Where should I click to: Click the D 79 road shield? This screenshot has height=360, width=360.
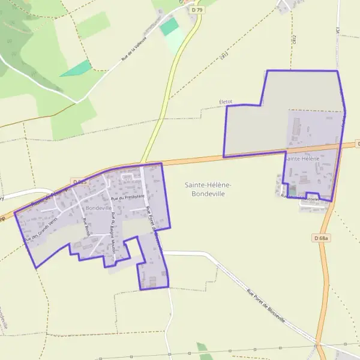tap(195, 10)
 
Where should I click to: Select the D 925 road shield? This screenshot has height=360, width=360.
tap(80, 181)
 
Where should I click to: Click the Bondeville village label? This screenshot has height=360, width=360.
tap(99, 207)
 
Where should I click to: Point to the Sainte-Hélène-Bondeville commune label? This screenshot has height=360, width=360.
tap(208, 190)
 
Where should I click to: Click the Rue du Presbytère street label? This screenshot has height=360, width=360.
tap(128, 197)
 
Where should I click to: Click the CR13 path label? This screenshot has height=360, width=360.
tap(224, 56)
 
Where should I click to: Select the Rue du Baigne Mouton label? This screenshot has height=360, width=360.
tap(115, 230)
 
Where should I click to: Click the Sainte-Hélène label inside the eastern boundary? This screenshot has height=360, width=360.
tap(302, 159)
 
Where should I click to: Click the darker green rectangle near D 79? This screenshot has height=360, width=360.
tap(170, 26)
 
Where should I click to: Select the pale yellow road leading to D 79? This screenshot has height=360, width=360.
tap(168, 90)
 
